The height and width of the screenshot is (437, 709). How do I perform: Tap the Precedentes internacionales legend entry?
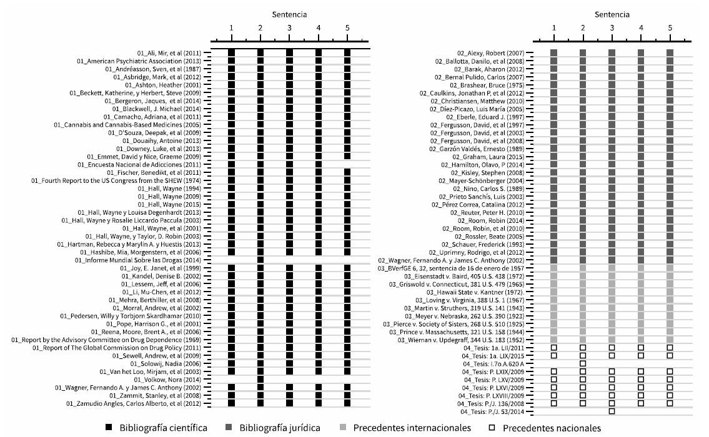tap(412, 428)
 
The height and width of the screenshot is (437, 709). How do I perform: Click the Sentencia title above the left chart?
tap(289, 14)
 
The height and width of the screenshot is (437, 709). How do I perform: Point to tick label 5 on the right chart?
tap(670, 28)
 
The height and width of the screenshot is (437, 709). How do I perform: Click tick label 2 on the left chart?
tap(260, 28)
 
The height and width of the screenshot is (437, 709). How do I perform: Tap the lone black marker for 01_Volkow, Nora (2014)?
tap(260, 379)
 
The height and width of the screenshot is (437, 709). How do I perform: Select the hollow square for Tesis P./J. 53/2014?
tap(612, 411)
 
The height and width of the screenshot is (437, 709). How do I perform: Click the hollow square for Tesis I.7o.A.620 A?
tap(583, 363)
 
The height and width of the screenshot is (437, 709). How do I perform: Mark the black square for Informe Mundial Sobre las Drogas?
tap(260, 260)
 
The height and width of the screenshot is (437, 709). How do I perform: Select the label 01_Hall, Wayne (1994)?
tap(169, 188)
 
